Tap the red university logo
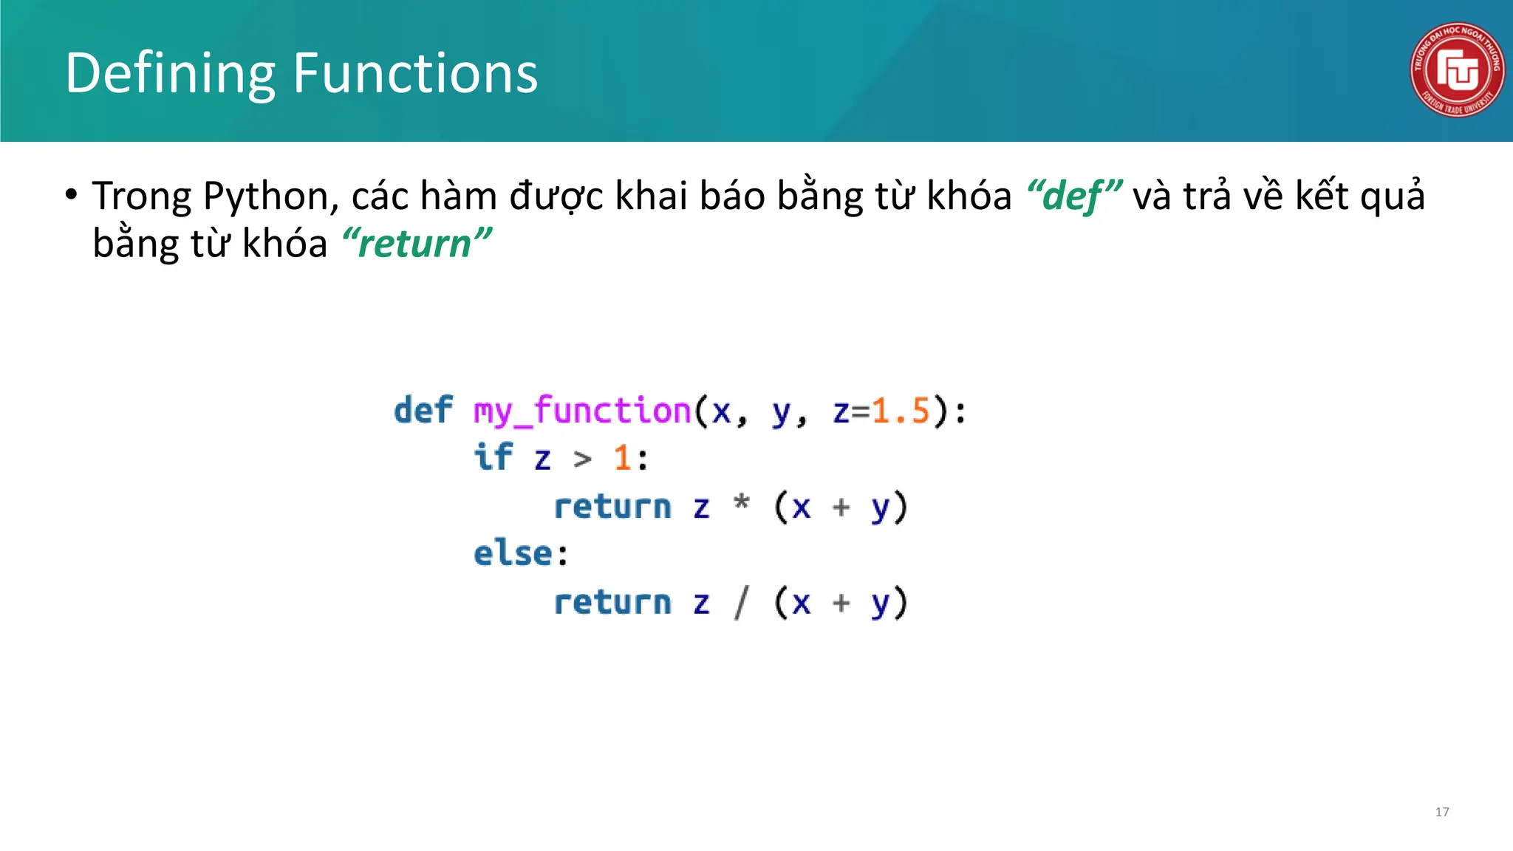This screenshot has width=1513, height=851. coord(1456,69)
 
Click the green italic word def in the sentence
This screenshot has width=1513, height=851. coord(1073,196)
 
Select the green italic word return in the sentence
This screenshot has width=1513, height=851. coord(416,244)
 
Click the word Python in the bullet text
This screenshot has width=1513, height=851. coord(265,196)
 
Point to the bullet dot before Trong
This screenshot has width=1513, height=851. coord(71,196)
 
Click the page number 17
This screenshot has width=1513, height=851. coord(1441,812)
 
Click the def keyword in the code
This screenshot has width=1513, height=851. coord(423,411)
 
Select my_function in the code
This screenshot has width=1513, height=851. coord(581,411)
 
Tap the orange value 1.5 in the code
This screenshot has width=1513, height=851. coord(900,411)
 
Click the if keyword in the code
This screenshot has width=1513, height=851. coord(493,458)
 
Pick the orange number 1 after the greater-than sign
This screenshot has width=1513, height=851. coord(621,458)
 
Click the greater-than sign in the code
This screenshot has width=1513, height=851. coord(583,459)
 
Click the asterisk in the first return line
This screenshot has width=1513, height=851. coord(742,504)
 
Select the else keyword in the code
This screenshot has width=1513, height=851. coord(513,553)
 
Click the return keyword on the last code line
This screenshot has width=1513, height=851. coord(612,602)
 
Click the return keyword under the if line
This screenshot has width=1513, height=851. coord(612,507)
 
